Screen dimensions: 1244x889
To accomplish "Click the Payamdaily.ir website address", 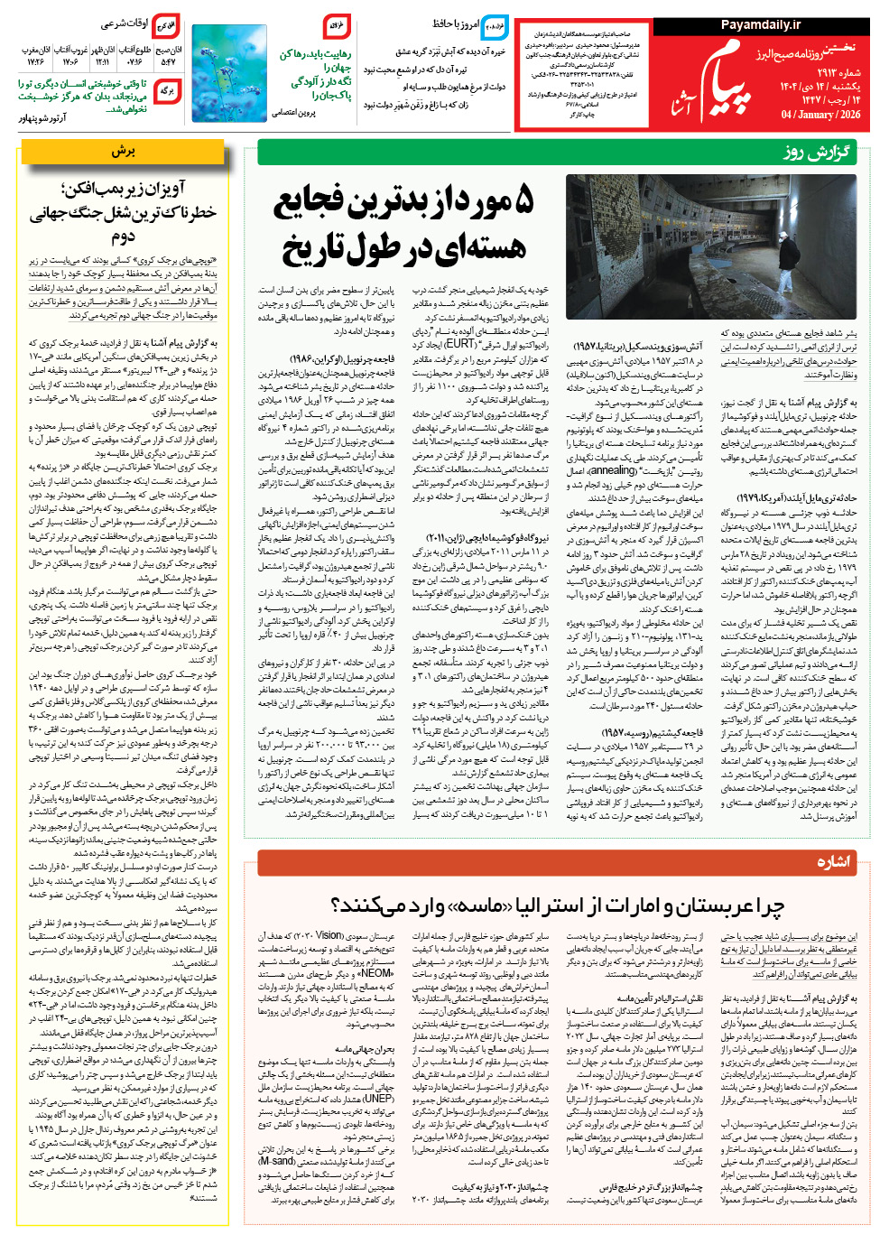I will click(x=760, y=25).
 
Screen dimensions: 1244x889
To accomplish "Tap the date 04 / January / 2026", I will click(x=820, y=115).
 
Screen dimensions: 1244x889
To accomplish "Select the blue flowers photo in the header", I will click(x=217, y=72).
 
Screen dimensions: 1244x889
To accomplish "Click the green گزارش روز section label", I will click(x=816, y=152).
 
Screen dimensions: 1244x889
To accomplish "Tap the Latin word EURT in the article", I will click(x=460, y=344).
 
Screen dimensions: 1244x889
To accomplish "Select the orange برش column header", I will click(x=124, y=152).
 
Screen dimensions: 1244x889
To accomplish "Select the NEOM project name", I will click(x=376, y=974).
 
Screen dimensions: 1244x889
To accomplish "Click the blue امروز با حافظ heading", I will click(x=455, y=24).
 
